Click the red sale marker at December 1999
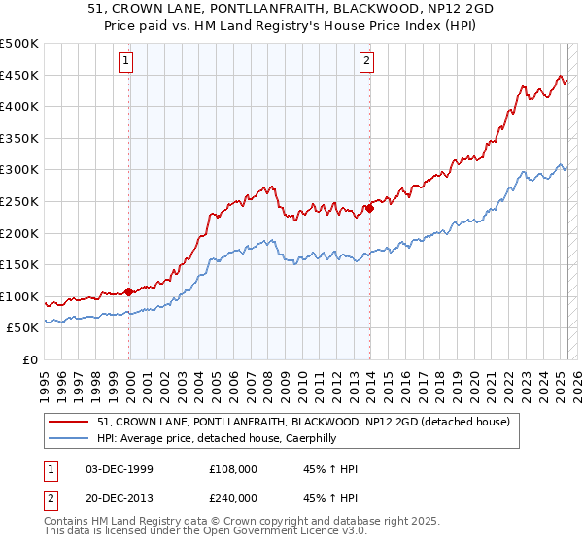129,291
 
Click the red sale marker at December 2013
370,208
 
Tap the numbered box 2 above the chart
367,61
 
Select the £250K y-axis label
20,202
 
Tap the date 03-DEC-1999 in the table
120,470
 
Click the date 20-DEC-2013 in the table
120,497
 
